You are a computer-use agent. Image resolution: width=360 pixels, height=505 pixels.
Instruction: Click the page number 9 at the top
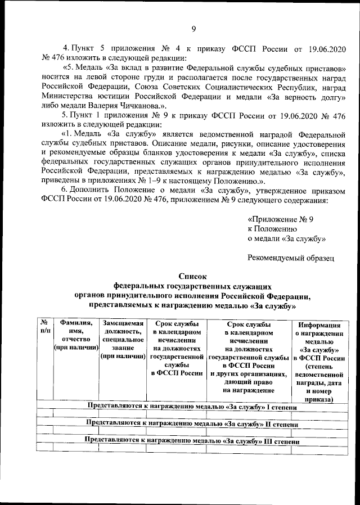[x=193, y=29]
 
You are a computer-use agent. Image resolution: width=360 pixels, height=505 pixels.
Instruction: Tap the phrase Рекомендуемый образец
[x=291, y=258]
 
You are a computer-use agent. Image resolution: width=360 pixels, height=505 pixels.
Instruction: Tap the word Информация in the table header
[x=319, y=325]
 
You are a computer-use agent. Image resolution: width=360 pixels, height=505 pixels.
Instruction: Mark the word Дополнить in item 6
[x=90, y=190]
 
